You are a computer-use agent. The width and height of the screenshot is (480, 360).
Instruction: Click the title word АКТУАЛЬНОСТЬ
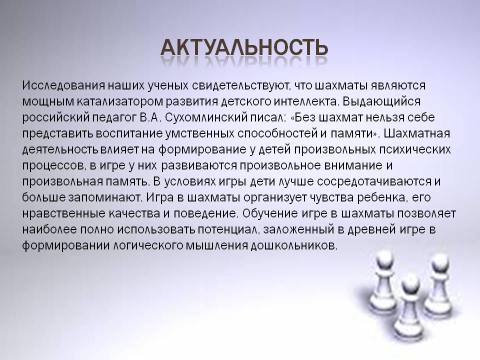pos(244,47)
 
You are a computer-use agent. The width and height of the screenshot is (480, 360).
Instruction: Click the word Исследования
pos(63,85)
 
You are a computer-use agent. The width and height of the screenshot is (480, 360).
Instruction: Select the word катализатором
pos(119,101)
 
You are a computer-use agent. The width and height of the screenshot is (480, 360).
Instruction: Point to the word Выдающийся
pos(381,102)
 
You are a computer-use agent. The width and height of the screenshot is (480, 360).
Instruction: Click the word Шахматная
pos(417,133)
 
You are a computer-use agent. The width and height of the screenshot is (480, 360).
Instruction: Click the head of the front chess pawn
pos(410,285)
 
